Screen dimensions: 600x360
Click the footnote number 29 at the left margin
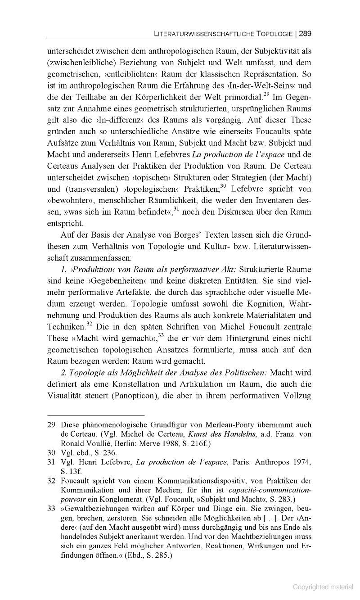tap(51, 425)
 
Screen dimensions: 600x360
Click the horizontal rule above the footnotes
tap(96, 415)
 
